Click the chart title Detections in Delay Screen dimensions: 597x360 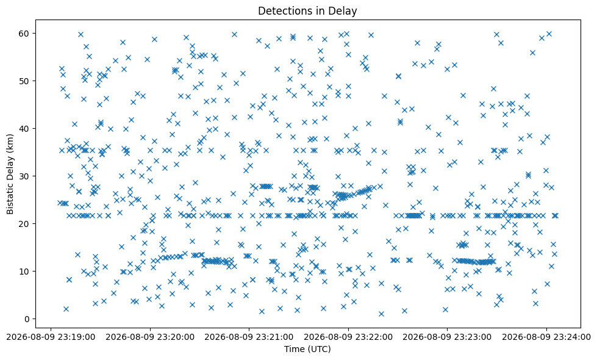307,11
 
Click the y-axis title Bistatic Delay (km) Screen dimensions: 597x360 10,174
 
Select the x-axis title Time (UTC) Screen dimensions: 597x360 307,348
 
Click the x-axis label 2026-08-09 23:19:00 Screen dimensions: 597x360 51,337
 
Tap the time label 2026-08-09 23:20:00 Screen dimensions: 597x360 150,337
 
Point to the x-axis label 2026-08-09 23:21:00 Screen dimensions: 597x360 249,337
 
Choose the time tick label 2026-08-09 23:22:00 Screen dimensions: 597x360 348,337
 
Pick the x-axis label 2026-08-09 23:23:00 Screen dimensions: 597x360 447,337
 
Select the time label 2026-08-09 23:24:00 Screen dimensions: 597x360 546,337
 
